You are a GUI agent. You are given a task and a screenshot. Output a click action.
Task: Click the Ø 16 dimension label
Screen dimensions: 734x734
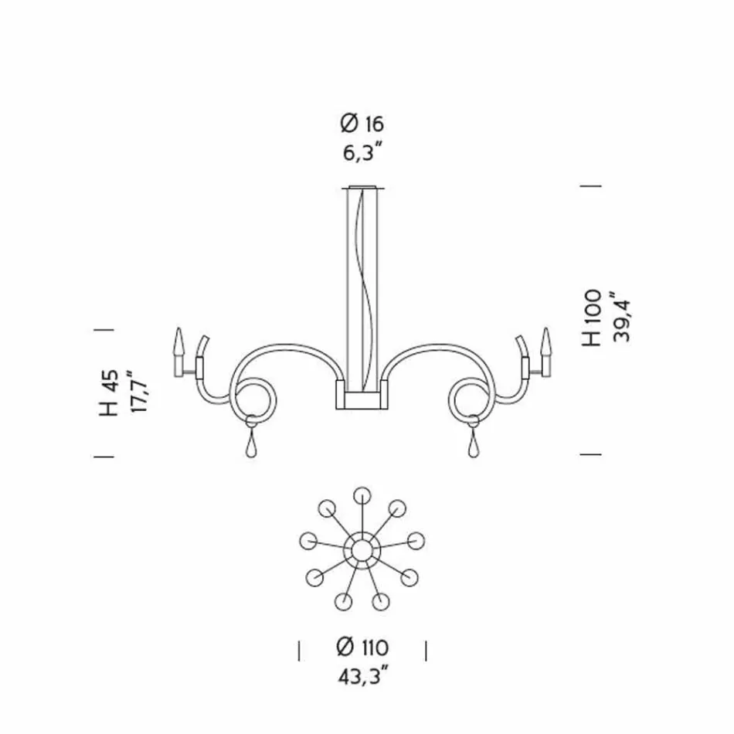362,124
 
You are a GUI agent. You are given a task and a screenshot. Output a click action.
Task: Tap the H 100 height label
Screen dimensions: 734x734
592,318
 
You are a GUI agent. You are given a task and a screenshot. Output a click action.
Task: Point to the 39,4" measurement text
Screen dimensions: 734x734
621,318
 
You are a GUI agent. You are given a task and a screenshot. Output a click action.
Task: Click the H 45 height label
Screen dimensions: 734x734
109,393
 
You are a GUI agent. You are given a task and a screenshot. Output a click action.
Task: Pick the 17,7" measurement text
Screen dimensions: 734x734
138,392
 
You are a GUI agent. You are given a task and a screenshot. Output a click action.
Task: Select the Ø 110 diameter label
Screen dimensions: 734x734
362,647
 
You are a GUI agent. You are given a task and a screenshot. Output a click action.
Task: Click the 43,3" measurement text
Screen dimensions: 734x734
364,676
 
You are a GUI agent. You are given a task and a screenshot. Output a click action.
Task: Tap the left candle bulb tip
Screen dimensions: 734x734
179,328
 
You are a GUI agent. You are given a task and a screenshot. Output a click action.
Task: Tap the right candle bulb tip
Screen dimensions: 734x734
545,328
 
